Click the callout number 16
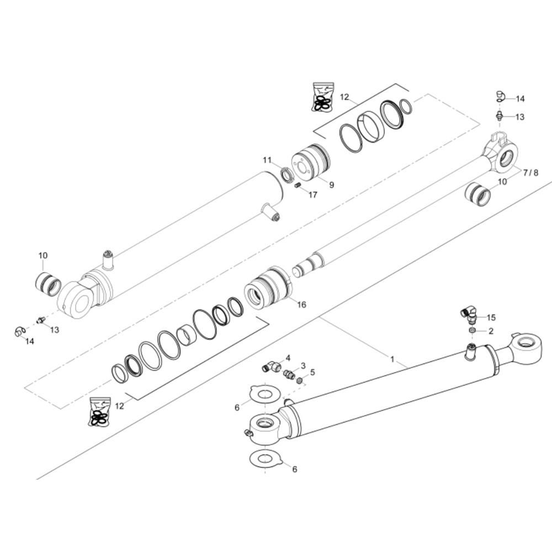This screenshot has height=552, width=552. pos(302,305)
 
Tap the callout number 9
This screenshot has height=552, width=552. pos(331,185)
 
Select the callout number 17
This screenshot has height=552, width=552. pos(313,195)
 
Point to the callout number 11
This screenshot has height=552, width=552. pos(267,160)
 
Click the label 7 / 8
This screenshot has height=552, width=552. pos(530,173)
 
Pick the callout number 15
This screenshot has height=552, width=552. pos(491,317)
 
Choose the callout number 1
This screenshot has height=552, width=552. pos(392,359)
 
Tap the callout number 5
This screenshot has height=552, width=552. pos(312,372)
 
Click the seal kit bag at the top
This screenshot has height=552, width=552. pos(322,97)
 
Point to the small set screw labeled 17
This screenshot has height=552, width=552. pos(298,185)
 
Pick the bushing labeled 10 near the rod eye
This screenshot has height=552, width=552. pos(477,196)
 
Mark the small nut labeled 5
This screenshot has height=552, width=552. pos(300,380)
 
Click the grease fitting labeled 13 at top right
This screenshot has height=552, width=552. pos(500,116)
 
